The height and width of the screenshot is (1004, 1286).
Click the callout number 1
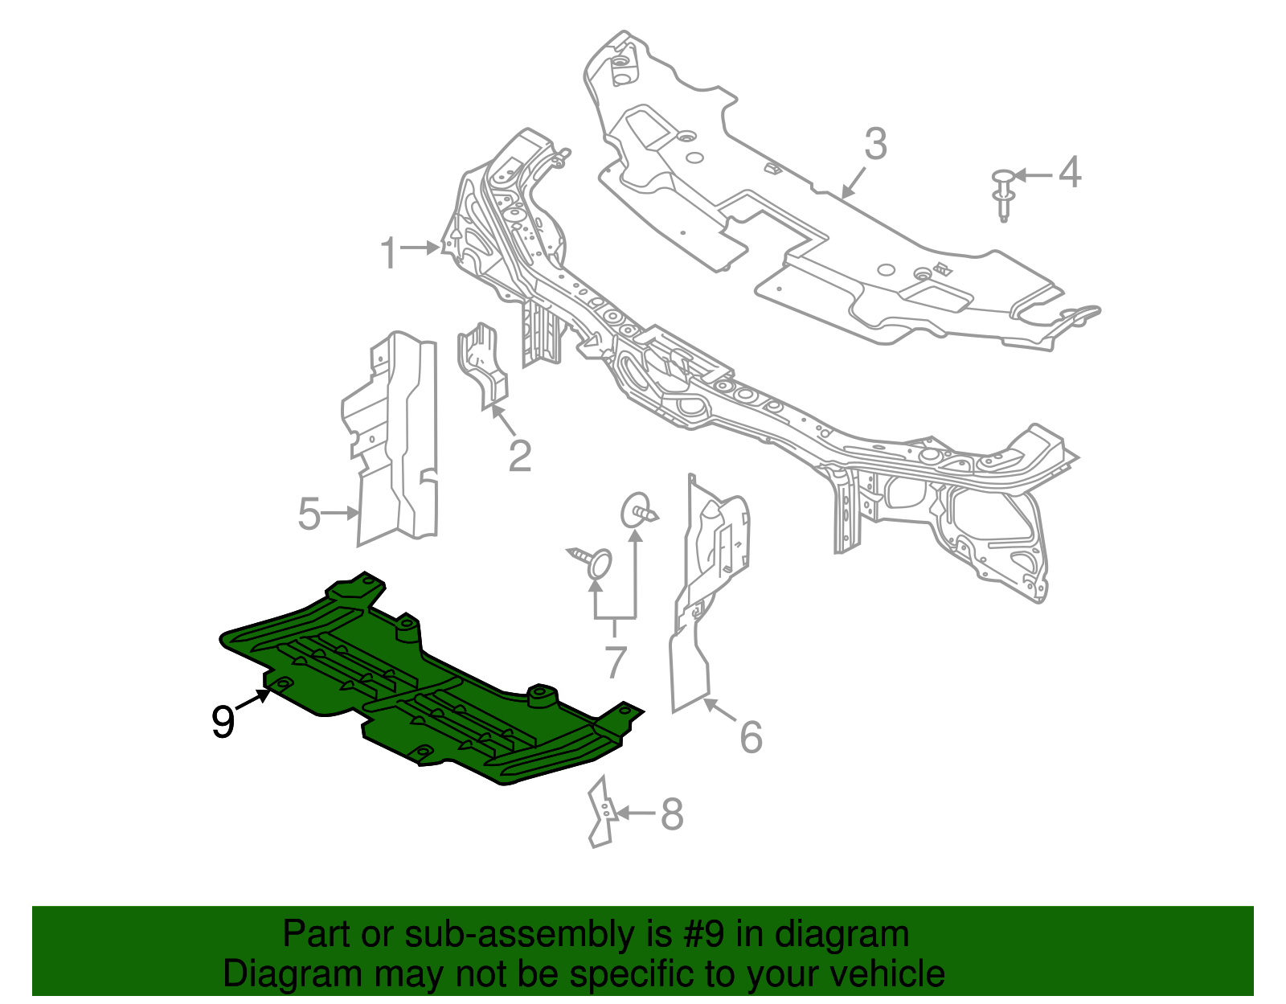point(389,253)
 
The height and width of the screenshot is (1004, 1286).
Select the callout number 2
point(520,456)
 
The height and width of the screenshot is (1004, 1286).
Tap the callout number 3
point(875,145)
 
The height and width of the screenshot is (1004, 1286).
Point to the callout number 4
point(1070,173)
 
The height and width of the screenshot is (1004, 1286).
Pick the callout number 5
point(309,514)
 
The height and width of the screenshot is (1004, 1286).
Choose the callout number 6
point(751,737)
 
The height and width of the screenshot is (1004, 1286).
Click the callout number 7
point(615,662)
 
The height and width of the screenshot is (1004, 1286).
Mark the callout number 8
point(672,814)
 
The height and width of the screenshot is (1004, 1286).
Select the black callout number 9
point(223,722)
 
